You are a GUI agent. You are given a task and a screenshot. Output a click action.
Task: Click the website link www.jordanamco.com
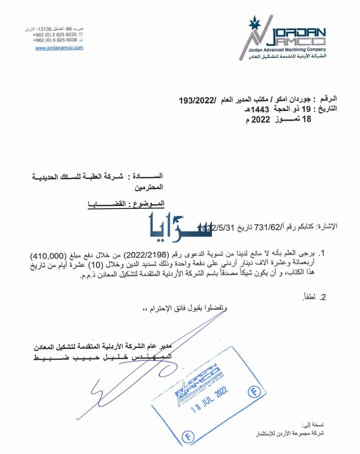click(x=59, y=48)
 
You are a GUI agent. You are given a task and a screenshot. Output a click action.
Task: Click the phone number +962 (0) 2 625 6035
click(x=54, y=35)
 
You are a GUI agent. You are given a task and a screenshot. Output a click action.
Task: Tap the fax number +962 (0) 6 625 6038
click(x=55, y=40)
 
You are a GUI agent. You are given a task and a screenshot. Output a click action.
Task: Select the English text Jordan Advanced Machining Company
click(x=287, y=50)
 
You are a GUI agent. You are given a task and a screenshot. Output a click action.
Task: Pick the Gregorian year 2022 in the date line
click(x=260, y=119)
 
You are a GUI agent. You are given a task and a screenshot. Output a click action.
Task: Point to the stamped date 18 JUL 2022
click(x=209, y=398)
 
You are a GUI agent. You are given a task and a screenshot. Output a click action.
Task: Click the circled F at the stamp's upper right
click(x=254, y=392)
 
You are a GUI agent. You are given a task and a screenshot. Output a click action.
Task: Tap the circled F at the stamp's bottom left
click(x=187, y=437)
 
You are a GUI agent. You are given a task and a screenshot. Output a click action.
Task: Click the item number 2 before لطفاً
click(x=323, y=297)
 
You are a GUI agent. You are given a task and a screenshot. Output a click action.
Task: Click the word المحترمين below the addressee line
click(x=149, y=187)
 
